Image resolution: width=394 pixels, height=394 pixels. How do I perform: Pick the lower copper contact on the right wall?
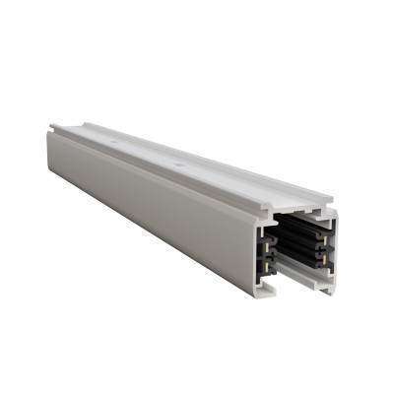pyautogui.click(x=325, y=258)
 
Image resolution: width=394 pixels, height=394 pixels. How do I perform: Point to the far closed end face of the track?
pyautogui.click(x=52, y=148)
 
